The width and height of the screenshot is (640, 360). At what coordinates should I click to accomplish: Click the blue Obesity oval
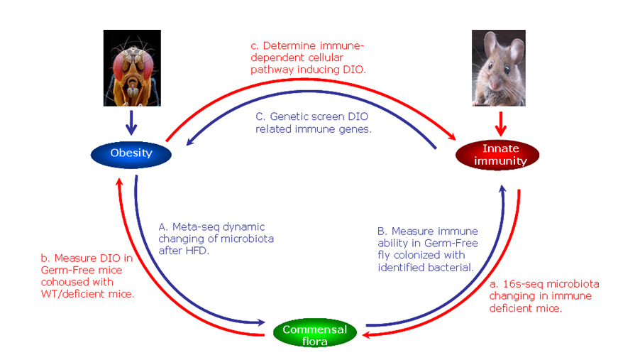tap(131, 153)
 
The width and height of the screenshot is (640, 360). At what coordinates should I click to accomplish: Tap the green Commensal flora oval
tap(315, 334)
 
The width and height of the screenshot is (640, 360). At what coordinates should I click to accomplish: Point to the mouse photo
tap(499, 68)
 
